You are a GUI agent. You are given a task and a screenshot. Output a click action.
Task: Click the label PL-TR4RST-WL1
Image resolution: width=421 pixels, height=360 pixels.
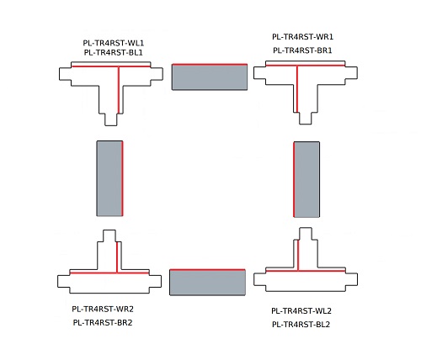(x=114, y=43)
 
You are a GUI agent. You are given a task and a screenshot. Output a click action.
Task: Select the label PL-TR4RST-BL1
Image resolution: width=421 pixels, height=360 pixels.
(x=114, y=52)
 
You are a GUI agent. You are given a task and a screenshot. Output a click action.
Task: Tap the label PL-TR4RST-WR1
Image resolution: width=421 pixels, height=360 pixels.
(x=302, y=37)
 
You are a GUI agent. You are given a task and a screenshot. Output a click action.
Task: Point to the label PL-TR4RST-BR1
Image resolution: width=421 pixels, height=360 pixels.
(x=302, y=50)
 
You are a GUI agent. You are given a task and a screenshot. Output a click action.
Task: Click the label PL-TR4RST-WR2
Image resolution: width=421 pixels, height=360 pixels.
(x=103, y=309)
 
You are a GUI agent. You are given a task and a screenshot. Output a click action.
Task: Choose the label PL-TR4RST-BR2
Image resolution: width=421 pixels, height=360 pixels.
(x=103, y=323)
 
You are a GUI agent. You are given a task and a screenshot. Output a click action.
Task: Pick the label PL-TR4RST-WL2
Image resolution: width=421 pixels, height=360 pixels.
(x=301, y=311)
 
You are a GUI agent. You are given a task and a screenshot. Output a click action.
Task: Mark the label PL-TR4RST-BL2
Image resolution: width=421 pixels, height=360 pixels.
(x=301, y=325)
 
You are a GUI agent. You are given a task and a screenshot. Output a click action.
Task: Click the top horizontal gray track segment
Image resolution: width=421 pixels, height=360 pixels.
(x=210, y=77)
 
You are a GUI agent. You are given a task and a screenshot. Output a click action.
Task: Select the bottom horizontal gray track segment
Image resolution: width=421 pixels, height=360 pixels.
(x=208, y=282)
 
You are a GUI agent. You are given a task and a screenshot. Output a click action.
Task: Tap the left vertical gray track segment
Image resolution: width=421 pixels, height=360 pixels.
(x=109, y=178)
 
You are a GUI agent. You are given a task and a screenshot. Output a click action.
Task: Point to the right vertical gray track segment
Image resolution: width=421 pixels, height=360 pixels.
(x=306, y=179)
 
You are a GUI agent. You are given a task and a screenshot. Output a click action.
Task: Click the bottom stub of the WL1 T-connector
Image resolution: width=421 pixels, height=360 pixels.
(x=111, y=119)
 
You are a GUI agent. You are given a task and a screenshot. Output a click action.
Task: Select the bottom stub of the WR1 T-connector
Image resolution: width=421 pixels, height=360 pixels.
(x=306, y=118)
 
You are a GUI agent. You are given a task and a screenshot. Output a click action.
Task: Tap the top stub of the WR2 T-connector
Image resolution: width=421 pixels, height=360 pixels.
(x=109, y=236)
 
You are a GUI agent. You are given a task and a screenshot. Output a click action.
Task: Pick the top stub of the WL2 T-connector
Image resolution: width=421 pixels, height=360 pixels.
(x=306, y=234)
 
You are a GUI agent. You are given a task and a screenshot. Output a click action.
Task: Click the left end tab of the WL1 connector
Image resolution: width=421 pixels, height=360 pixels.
(x=65, y=74)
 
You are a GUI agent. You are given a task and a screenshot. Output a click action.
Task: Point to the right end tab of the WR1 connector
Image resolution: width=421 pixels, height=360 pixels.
(x=351, y=73)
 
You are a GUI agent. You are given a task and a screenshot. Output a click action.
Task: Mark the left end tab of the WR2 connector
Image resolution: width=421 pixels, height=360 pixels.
(x=64, y=281)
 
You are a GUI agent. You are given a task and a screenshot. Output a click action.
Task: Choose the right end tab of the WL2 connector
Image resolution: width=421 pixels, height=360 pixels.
(x=351, y=279)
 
